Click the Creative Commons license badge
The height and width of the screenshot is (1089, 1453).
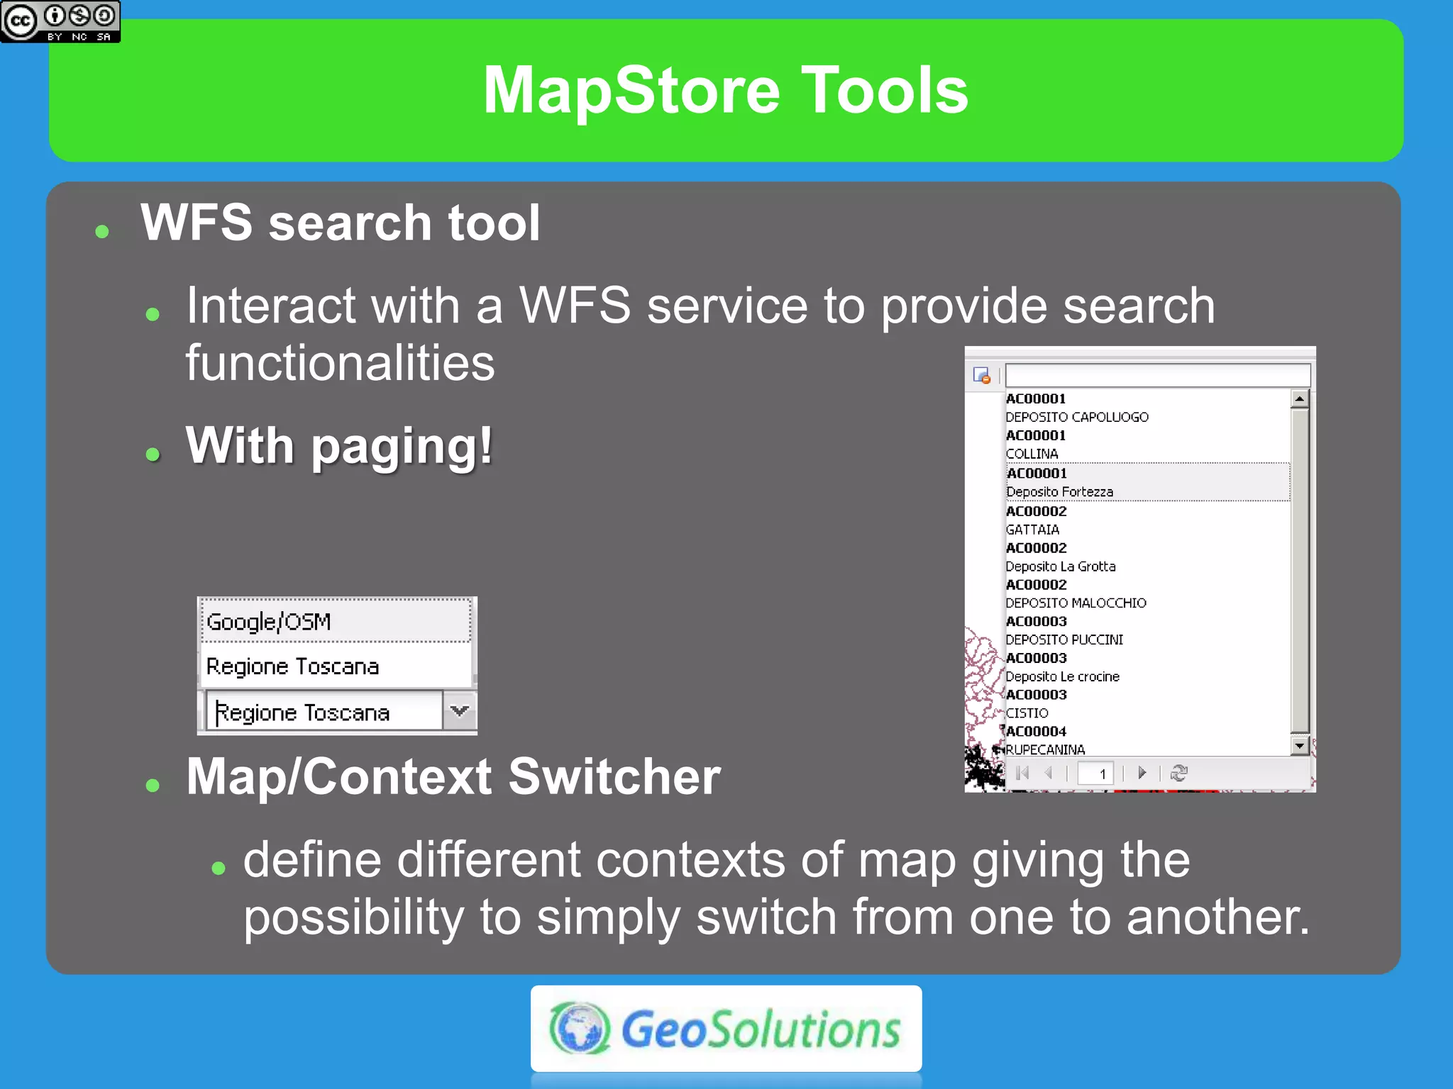(x=60, y=21)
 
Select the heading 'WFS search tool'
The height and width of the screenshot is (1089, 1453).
(x=340, y=223)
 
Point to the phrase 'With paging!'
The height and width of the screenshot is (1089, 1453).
(x=339, y=446)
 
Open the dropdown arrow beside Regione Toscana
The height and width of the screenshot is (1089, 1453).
(x=460, y=710)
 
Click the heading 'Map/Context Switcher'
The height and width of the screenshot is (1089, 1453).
(x=453, y=776)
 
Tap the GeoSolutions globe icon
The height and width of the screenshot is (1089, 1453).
(x=579, y=1028)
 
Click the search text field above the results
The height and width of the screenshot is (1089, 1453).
(x=1156, y=375)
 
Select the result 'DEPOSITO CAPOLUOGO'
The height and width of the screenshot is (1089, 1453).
(x=1076, y=417)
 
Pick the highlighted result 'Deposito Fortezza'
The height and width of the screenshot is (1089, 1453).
(x=1059, y=491)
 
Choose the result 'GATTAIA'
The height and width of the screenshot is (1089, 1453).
(x=1032, y=530)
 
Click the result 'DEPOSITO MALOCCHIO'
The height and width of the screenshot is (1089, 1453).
(x=1076, y=603)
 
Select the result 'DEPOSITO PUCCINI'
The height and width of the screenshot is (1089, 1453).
(x=1064, y=640)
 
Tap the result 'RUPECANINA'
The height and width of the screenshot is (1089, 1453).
(x=1045, y=749)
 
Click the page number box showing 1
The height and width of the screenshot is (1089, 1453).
(x=1095, y=773)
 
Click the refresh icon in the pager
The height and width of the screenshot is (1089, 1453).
(x=1179, y=773)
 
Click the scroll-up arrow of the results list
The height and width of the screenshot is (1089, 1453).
(x=1300, y=398)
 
